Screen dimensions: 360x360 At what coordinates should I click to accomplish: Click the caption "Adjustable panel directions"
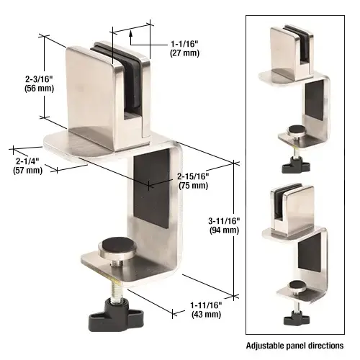point(294,346)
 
